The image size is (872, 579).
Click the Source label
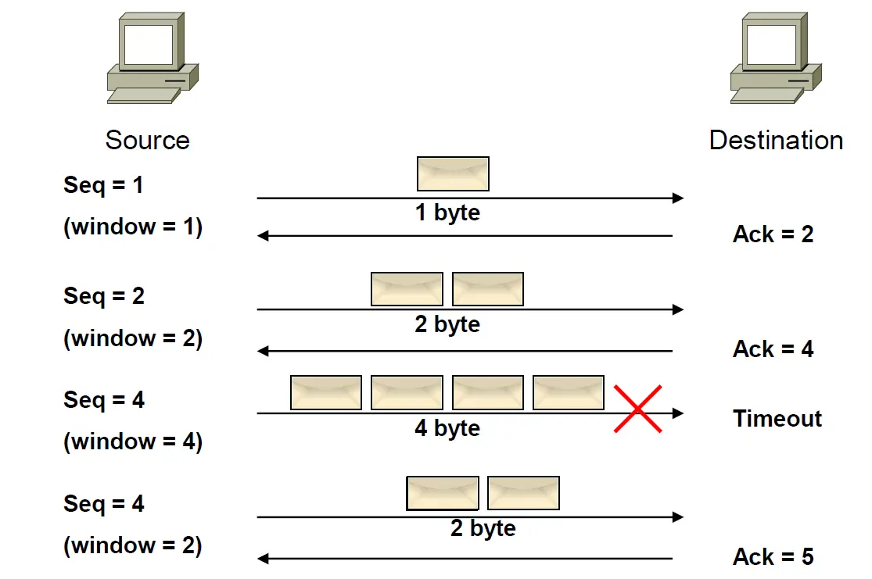(147, 140)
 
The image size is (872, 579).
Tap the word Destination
(777, 140)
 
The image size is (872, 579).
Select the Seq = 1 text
(103, 185)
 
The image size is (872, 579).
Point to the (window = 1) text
(133, 227)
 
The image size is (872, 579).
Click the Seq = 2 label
(104, 296)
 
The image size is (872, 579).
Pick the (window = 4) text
(133, 441)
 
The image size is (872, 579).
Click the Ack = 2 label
(773, 234)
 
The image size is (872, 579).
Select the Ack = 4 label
(773, 349)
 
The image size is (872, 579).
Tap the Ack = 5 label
(773, 556)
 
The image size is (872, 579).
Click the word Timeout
(777, 418)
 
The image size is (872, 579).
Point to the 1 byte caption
(447, 213)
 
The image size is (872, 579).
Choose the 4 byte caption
(447, 428)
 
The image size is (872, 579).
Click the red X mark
(638, 409)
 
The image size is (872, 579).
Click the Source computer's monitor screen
(149, 45)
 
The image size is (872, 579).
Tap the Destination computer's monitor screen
(771, 45)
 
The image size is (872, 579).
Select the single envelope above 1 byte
(454, 174)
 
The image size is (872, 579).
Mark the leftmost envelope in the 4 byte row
(326, 393)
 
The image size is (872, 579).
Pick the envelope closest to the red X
(569, 393)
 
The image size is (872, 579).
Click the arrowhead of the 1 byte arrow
(678, 198)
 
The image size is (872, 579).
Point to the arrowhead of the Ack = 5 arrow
(263, 559)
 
